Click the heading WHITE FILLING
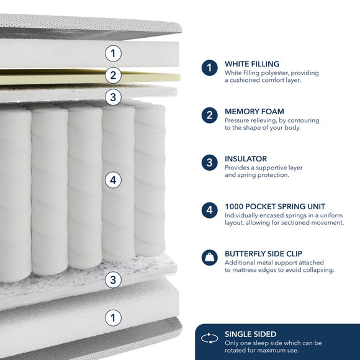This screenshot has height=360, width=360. coord(252,64)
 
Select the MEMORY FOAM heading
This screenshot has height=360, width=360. coord(254,111)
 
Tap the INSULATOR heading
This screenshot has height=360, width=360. coord(246,159)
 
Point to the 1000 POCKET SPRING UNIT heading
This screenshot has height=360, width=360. coord(275,207)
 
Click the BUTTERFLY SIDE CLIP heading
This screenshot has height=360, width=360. coord(263,254)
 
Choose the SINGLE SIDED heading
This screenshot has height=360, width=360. coord(251,334)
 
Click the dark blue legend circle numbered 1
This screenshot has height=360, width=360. coord(209,68)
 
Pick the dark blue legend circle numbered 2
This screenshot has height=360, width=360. coord(209,115)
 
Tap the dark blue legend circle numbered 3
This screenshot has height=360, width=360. coord(209,163)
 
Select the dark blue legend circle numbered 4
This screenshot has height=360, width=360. coord(209,210)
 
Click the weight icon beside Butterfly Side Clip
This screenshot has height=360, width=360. coord(209,258)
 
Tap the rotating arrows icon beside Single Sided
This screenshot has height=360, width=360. coord(209,338)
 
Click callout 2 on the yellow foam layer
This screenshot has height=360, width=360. coord(113,75)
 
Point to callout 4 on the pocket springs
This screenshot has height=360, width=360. coord(113,180)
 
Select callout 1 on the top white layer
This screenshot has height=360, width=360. coord(113,53)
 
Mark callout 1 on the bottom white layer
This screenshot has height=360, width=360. coord(113,318)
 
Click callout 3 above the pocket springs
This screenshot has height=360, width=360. coord(113,97)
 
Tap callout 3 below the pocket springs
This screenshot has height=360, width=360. coord(113,280)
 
